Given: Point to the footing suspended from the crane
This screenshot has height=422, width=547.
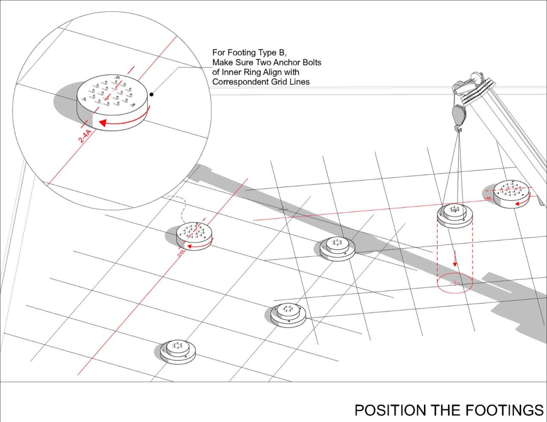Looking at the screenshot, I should point(455,216).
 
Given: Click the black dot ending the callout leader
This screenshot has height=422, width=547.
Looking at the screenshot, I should point(152,94).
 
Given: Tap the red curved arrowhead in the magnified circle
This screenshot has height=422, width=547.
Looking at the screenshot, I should point(103,123).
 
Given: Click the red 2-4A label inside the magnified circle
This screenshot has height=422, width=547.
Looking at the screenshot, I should point(87,138).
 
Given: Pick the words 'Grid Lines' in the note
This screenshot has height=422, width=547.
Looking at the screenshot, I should point(290,82).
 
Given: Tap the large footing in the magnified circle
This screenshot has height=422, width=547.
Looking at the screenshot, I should point(113,100).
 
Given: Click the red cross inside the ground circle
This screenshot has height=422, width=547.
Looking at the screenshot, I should point(455,283).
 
